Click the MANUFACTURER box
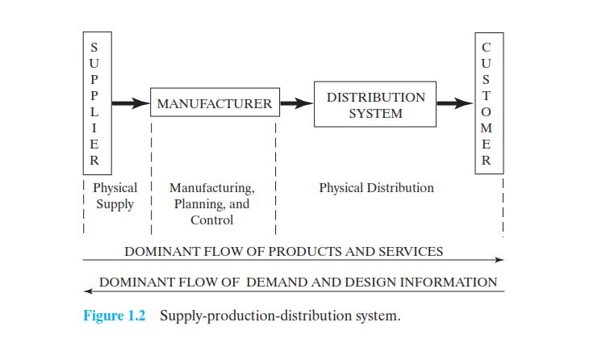coord(214,104)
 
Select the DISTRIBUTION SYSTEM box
coord(375,104)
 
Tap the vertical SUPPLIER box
coord(94,104)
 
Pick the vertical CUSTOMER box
coord(485,104)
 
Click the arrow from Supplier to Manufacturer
coord(129,103)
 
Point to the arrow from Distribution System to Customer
coord(455,103)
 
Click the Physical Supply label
coord(115,195)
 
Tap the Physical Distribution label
coord(376,188)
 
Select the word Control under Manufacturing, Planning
coord(211,220)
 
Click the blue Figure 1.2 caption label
coord(114,316)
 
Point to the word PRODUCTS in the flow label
coord(303,251)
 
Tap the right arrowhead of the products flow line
coord(500,260)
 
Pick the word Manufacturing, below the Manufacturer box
coord(211,189)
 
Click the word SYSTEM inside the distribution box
coord(375,113)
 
